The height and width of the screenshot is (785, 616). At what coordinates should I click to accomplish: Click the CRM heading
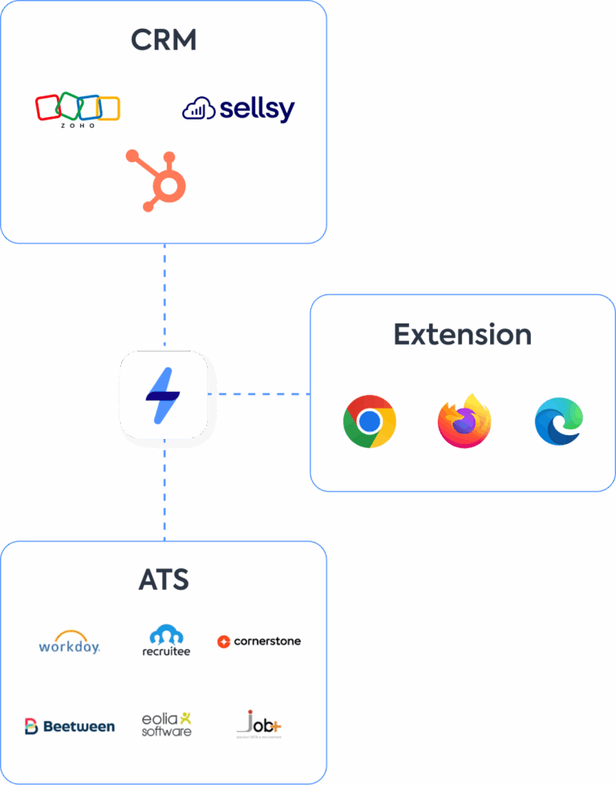coord(164,40)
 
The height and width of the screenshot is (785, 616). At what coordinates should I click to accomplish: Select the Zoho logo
coord(78,111)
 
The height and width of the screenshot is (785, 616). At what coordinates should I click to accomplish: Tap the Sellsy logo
coord(238,109)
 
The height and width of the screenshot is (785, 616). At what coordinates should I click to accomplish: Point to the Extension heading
coord(462,334)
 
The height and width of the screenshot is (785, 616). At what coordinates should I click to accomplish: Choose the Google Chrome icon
coord(369,421)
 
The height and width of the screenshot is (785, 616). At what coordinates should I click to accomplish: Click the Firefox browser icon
coord(464,421)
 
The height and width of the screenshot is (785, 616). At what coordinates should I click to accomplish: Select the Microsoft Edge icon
coord(559,421)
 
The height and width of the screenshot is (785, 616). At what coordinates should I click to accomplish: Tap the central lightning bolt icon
coord(164,395)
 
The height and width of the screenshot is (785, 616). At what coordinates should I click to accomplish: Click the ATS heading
coord(164,580)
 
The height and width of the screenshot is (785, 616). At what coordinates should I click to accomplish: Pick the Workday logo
coord(70,642)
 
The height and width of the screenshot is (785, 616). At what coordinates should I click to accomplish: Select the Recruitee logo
coord(166,641)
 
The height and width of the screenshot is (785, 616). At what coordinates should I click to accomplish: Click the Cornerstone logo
coord(259,641)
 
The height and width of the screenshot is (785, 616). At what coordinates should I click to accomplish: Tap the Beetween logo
coord(70,726)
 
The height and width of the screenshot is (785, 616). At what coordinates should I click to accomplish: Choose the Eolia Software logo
coord(167,723)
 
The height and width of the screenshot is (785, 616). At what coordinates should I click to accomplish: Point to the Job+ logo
coord(259,724)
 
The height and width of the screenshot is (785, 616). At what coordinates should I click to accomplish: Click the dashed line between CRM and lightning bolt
coord(164,297)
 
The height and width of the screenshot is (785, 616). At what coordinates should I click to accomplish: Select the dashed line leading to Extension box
coord(258,394)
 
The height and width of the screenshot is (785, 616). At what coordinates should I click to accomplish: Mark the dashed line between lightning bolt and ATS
coord(164,490)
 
